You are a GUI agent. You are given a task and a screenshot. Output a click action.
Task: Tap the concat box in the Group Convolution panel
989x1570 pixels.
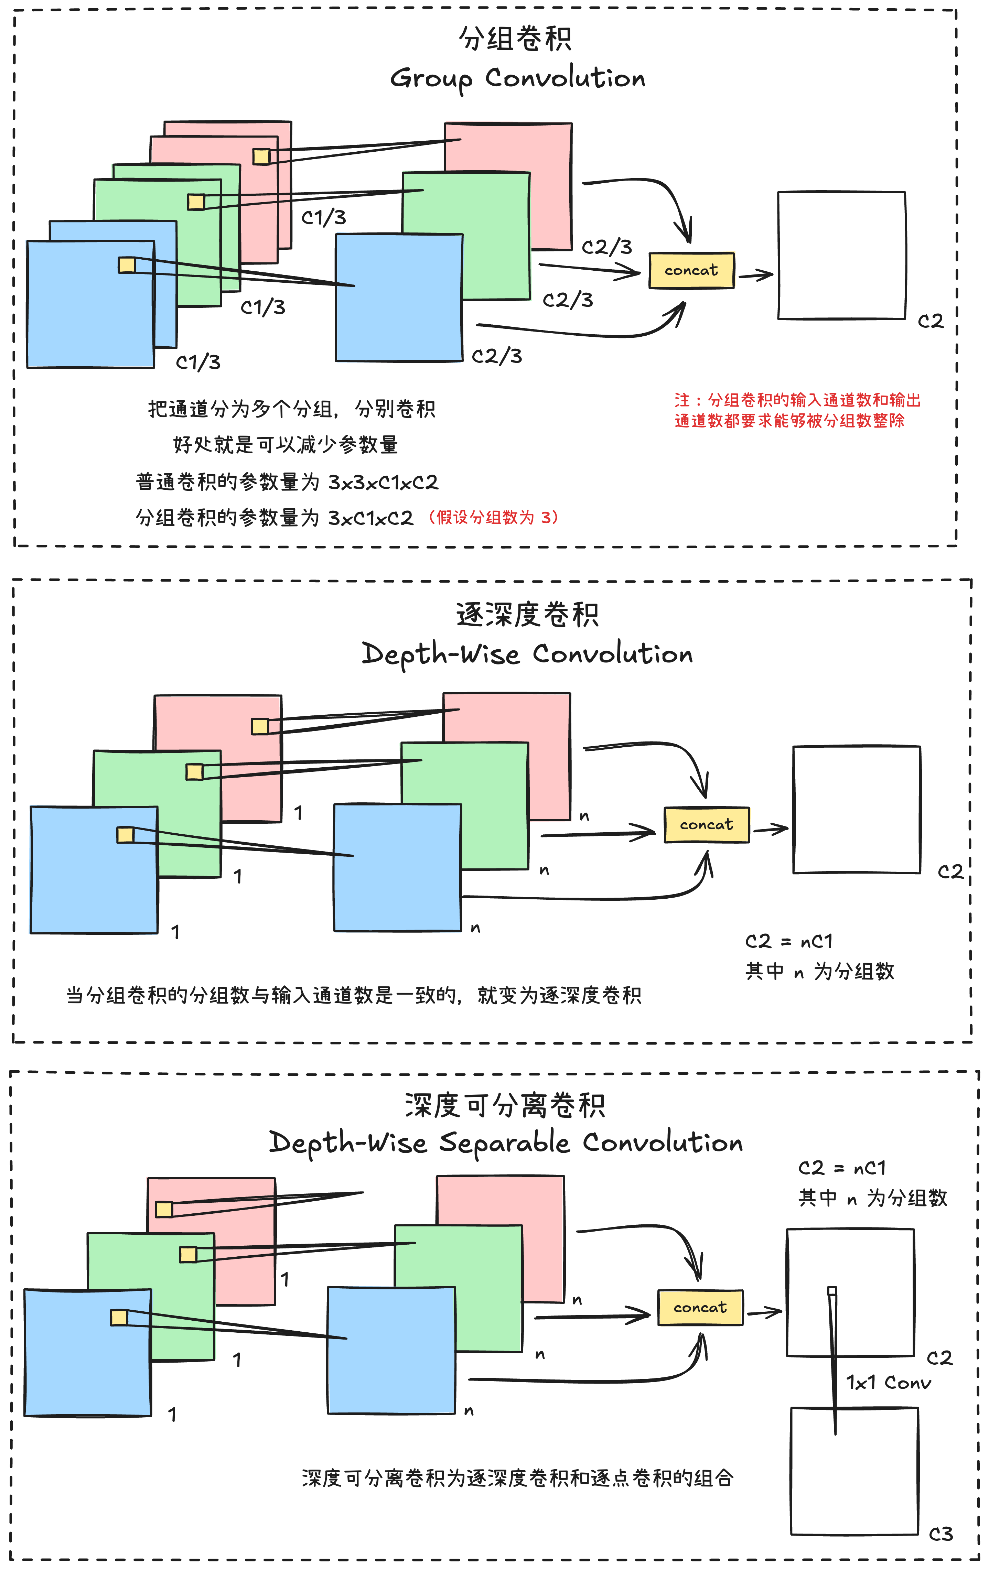[691, 270]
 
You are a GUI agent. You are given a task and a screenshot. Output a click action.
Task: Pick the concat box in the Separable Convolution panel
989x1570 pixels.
[700, 1307]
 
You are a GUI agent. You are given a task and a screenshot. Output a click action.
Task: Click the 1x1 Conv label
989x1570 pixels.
[889, 1382]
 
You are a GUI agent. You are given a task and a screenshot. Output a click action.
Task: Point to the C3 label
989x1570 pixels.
[940, 1534]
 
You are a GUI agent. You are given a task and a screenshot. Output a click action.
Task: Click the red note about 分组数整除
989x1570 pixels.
[797, 410]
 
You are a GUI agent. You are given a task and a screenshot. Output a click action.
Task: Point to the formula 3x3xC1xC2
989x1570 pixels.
[383, 483]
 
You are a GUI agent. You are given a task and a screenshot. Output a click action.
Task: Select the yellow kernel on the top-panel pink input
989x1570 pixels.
[261, 156]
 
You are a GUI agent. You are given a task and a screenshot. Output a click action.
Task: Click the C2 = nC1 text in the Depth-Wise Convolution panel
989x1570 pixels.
[789, 941]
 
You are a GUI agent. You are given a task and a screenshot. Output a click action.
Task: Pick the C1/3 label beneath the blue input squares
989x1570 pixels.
[198, 362]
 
